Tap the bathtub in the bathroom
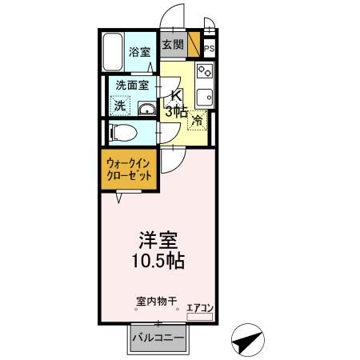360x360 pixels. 114,53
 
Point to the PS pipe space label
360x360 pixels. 209,49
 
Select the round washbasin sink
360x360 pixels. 146,109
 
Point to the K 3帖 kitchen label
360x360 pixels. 174,104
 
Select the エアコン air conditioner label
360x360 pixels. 199,306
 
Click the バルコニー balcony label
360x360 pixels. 159,338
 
